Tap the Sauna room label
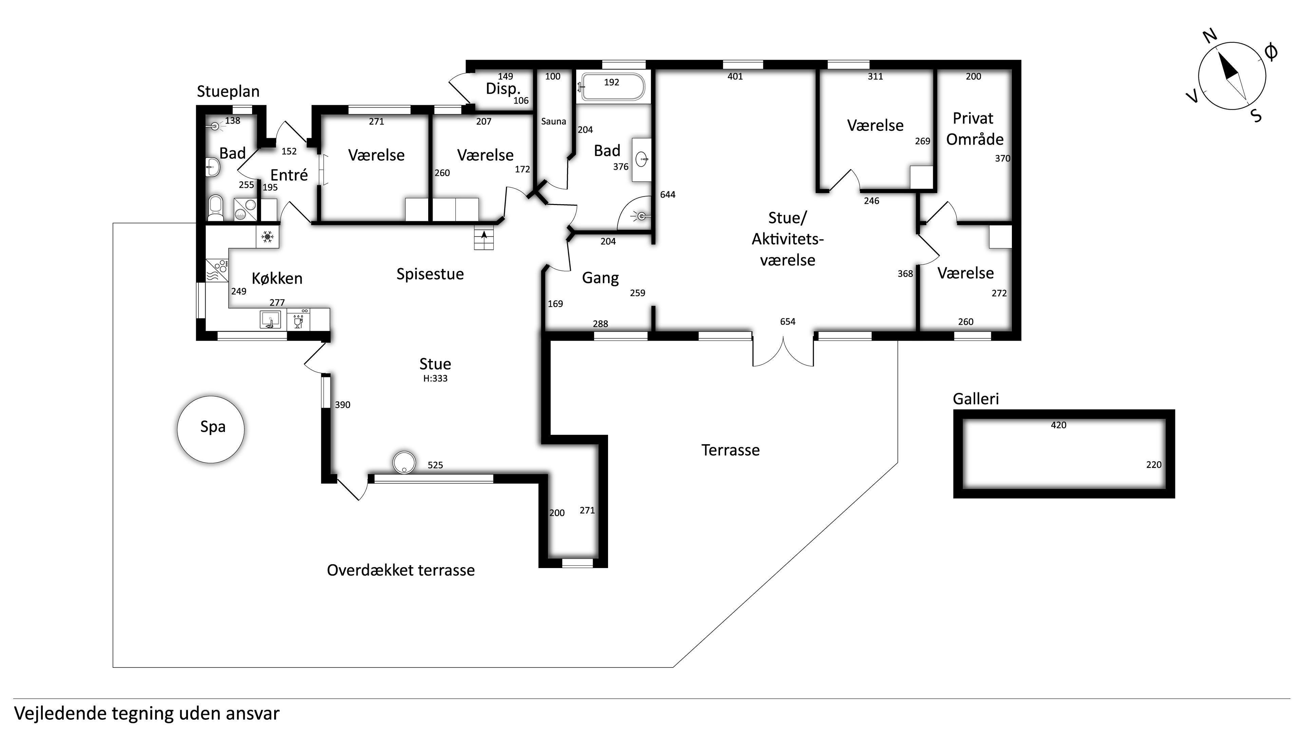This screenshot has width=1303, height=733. [553, 121]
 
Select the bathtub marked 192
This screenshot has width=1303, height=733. [612, 87]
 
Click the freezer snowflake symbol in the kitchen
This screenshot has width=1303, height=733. [267, 236]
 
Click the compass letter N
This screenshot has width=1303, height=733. [1210, 36]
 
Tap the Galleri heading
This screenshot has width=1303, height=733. [976, 399]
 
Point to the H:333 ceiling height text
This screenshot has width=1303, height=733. [435, 378]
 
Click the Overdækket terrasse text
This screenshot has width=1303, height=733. [401, 570]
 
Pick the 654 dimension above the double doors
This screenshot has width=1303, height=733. [788, 322]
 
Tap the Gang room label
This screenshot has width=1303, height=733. [600, 278]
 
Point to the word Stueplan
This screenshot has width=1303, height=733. [228, 92]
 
